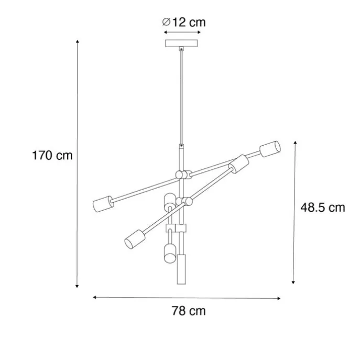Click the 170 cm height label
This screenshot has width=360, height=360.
52,156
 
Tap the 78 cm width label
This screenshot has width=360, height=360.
189,311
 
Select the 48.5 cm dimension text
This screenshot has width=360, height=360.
323,208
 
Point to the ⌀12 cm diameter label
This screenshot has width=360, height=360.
184,22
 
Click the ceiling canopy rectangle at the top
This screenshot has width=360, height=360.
181,43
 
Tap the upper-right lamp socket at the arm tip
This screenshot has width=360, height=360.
270,149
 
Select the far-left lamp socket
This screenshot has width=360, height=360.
103,204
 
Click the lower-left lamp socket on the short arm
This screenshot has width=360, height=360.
135,239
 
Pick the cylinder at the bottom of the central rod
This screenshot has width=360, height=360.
181,269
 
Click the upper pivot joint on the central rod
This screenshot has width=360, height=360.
183,175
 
